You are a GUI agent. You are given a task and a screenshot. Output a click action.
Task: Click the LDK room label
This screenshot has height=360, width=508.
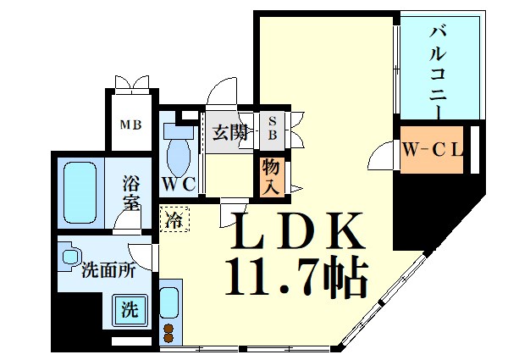(x=293, y=231)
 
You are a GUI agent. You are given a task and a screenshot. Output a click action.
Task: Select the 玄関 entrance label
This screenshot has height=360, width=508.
(x=229, y=132)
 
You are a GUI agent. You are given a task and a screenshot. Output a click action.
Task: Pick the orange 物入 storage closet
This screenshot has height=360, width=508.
(x=271, y=177)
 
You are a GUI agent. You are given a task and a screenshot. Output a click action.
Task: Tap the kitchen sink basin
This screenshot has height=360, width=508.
(x=169, y=302)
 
